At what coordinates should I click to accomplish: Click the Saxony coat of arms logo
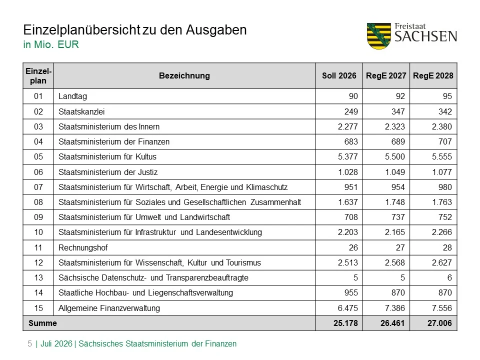(x=378, y=36)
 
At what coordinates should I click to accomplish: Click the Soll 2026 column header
(x=339, y=75)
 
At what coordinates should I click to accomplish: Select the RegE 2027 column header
(x=386, y=75)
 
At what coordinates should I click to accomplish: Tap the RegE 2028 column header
(x=433, y=75)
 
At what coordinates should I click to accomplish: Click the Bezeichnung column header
(x=184, y=75)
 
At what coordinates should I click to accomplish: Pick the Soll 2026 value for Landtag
(x=353, y=96)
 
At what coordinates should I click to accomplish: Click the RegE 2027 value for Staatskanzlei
(x=398, y=111)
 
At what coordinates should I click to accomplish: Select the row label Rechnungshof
(x=83, y=247)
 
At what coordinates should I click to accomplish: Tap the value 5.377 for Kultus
(x=348, y=156)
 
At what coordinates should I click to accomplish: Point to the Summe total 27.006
(x=439, y=323)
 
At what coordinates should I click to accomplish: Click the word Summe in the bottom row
(x=42, y=323)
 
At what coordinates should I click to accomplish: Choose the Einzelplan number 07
(x=38, y=187)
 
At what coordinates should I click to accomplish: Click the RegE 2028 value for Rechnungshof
(x=447, y=247)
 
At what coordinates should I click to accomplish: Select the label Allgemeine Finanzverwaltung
(x=109, y=308)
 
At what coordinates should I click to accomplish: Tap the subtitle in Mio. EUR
(x=51, y=44)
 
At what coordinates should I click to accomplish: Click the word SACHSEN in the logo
(x=426, y=36)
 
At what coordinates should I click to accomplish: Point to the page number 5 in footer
(x=29, y=344)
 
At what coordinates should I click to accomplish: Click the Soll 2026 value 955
(x=351, y=293)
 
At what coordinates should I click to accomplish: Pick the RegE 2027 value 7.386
(x=395, y=308)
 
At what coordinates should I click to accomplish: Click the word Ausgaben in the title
(x=216, y=30)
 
